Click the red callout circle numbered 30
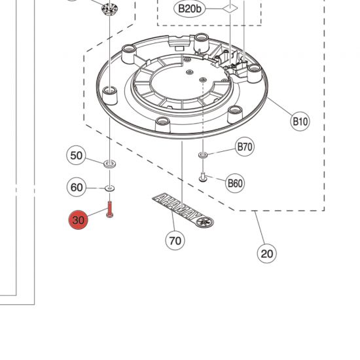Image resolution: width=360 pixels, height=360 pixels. [x=78, y=220]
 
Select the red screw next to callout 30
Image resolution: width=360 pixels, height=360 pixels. [x=109, y=209]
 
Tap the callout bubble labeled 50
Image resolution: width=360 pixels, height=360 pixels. [x=76, y=155]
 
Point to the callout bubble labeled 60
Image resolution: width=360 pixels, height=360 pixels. [x=77, y=187]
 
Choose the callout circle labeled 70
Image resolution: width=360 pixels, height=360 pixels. [x=175, y=241]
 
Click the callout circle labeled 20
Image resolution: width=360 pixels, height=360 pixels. [x=267, y=253]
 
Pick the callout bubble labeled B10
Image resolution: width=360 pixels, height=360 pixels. [x=300, y=121]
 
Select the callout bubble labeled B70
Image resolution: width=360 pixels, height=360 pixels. [x=245, y=147]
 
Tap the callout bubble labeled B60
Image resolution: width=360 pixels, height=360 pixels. [x=235, y=183]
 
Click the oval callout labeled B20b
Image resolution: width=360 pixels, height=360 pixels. [x=190, y=9]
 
